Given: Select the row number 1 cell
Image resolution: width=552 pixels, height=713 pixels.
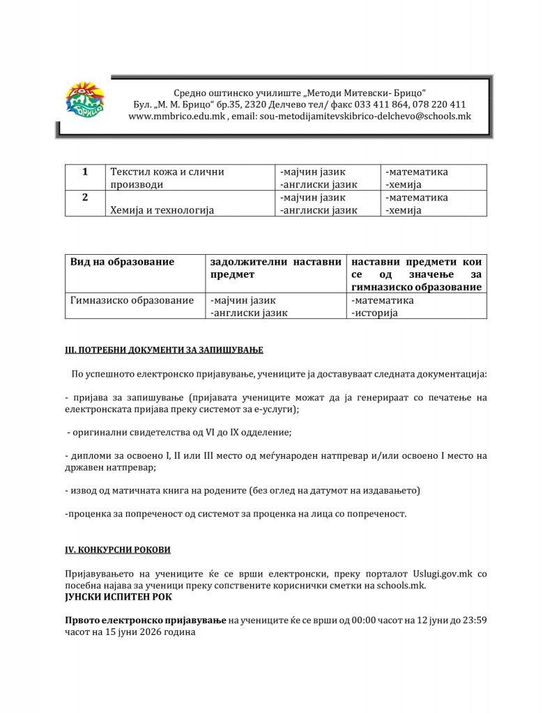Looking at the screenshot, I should coord(84,172).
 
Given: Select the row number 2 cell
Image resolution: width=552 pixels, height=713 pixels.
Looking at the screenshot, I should coord(84,198).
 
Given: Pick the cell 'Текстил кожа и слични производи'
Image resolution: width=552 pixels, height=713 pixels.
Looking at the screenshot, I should coord(167,178).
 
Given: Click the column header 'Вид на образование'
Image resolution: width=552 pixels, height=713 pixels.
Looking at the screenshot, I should coord(123,262).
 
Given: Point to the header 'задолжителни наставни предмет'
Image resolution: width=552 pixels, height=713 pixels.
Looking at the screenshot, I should coord(275,268).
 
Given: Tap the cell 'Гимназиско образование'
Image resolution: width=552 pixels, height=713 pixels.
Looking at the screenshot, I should coord(132,301).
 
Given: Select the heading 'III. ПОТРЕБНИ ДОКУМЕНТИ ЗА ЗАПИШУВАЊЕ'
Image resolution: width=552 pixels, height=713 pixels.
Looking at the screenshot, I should coord(164,349).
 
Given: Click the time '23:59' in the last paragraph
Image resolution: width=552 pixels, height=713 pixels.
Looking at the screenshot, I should coord(474,620).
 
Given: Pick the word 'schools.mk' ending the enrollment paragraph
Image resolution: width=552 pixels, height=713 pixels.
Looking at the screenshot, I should coord(401,586).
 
